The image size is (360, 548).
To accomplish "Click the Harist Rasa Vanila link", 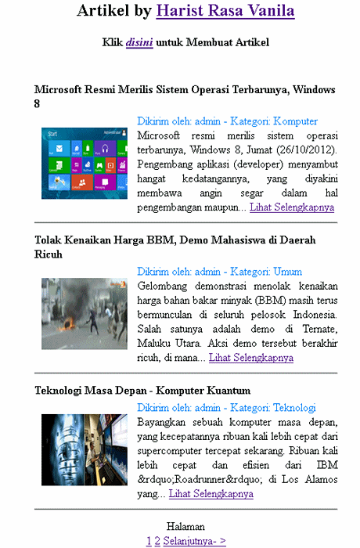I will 225,11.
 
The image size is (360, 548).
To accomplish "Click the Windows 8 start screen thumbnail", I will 84,163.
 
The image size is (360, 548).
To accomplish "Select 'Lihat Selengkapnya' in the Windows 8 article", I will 292,207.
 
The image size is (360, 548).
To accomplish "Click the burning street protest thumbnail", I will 84,313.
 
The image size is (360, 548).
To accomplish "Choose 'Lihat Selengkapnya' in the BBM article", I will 251,358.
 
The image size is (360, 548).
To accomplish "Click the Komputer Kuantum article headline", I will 142,390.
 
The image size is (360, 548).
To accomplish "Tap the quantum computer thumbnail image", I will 84,450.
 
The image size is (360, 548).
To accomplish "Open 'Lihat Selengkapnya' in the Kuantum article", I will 211,494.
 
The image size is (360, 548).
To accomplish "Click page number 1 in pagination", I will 149,540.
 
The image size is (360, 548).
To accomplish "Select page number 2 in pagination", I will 157,540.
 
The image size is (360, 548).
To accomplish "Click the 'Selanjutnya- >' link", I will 195,540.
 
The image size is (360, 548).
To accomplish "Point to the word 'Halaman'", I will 185,527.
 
